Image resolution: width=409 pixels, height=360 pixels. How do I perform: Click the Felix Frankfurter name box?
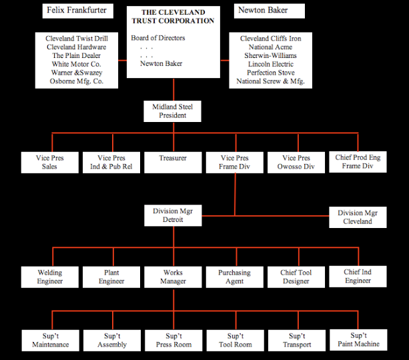tap(77, 11)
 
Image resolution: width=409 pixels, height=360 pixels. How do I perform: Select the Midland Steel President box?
tap(172, 111)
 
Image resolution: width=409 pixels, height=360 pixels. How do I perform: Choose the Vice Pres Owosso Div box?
tap(296, 162)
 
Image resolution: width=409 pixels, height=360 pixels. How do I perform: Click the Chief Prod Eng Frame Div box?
tap(358, 161)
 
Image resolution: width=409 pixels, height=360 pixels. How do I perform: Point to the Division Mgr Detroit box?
tap(172, 215)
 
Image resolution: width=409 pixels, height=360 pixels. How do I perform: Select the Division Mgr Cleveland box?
tap(358, 217)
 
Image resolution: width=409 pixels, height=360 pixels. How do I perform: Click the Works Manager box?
tap(172, 277)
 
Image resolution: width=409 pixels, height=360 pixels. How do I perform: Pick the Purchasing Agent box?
tap(234, 277)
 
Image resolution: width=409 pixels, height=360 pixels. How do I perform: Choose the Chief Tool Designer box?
tap(296, 277)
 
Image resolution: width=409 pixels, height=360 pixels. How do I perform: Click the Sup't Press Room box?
tap(172, 340)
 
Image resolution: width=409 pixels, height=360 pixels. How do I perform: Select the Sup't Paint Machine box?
tap(358, 339)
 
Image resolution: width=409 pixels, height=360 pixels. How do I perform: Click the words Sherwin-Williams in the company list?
tap(270, 56)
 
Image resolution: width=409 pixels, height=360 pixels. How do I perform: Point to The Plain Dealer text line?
tap(77, 56)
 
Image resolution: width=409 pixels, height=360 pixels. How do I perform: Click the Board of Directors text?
tap(158, 38)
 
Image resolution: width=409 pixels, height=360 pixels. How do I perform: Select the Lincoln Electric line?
tap(270, 65)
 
